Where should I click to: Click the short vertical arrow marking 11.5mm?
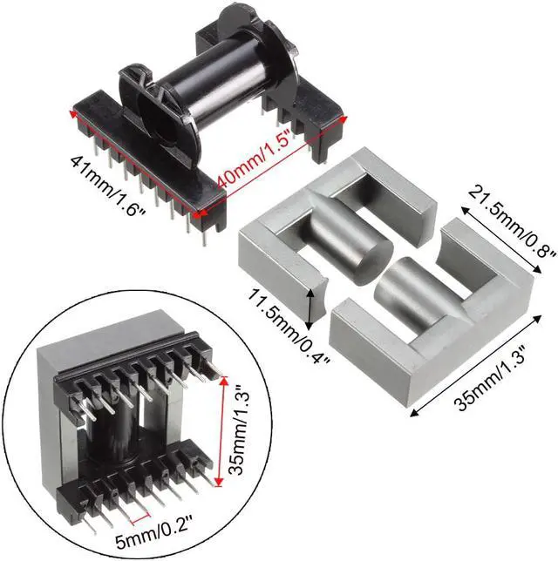(311, 307)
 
